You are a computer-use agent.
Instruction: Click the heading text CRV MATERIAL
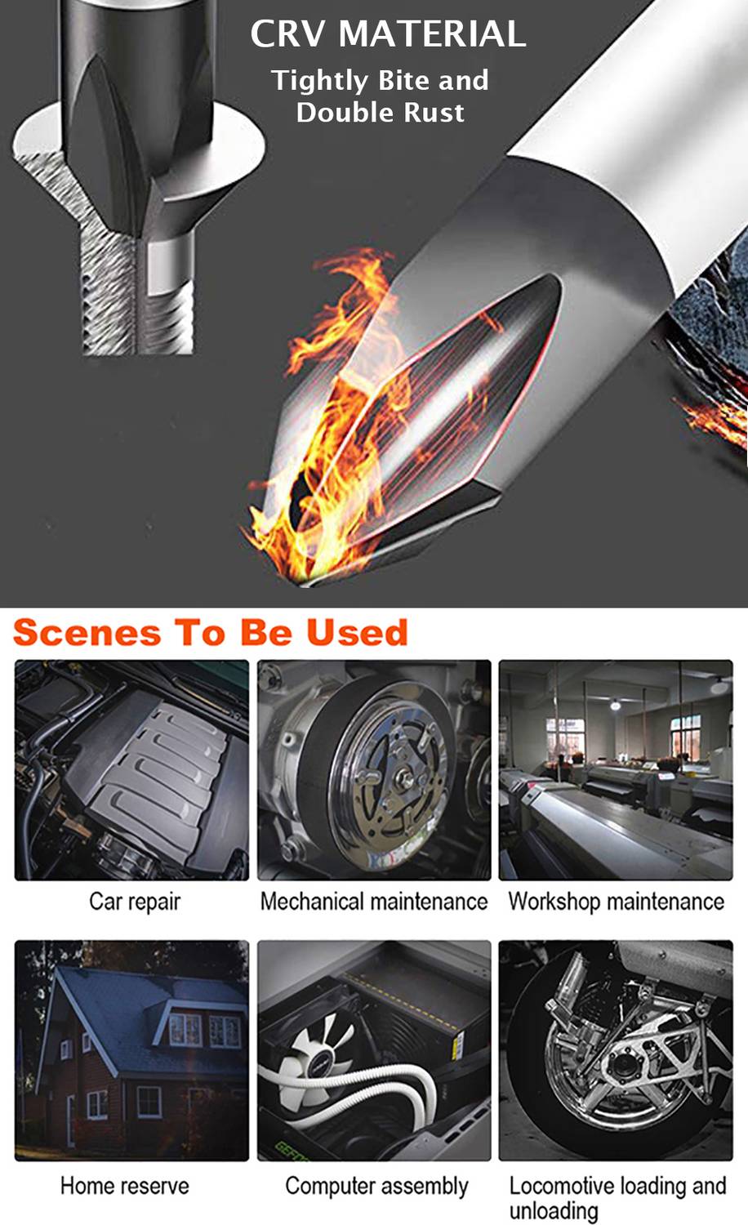coord(388,34)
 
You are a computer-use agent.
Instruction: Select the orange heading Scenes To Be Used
coord(211,633)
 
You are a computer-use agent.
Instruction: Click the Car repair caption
coord(135,902)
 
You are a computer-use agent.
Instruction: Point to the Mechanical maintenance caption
coord(374,902)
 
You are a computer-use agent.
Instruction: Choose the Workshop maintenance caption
coord(617,902)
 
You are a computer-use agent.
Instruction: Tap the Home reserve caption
coord(125,1186)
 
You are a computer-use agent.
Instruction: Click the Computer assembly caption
coord(376,1186)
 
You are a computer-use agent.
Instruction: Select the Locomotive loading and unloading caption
coord(618,1197)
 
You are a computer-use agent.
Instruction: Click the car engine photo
coord(131,770)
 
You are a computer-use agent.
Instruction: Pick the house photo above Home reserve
coord(131,1051)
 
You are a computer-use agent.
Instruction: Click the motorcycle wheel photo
coord(616,1051)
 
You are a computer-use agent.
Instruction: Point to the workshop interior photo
coord(616,770)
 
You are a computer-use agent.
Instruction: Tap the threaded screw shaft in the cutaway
coord(136,296)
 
